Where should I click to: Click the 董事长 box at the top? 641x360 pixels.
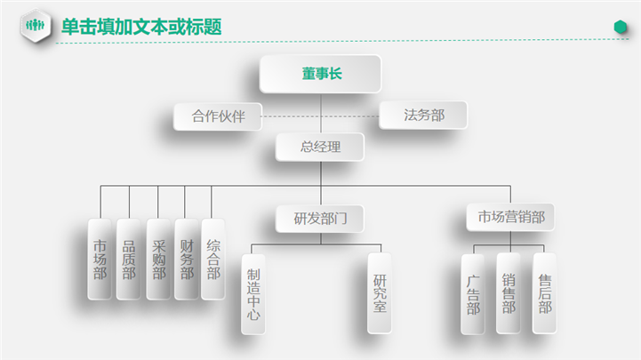pyautogui.click(x=320, y=74)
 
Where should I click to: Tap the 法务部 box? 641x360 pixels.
pyautogui.click(x=423, y=115)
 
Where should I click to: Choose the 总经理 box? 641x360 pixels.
pyautogui.click(x=320, y=147)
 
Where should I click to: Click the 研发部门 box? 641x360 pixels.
pyautogui.click(x=320, y=217)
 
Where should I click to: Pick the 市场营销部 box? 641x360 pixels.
pyautogui.click(x=511, y=217)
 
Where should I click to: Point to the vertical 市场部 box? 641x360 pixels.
pyautogui.click(x=100, y=259)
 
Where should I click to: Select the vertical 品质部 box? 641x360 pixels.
pyautogui.click(x=129, y=259)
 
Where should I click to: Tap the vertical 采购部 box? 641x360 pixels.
pyautogui.click(x=158, y=259)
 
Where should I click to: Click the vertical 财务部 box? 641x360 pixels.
pyautogui.click(x=186, y=259)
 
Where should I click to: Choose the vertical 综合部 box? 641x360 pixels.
pyautogui.click(x=213, y=259)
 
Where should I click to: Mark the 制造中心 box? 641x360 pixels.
pyautogui.click(x=253, y=294)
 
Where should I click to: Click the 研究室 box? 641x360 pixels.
pyautogui.click(x=381, y=294)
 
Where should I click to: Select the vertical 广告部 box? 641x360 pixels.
pyautogui.click(x=473, y=293)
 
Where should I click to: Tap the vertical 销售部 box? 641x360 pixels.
pyautogui.click(x=509, y=293)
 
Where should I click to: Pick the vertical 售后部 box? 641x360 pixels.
pyautogui.click(x=544, y=293)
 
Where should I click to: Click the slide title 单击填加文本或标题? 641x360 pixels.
pyautogui.click(x=140, y=27)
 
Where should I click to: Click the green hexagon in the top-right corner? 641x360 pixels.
pyautogui.click(x=621, y=28)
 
